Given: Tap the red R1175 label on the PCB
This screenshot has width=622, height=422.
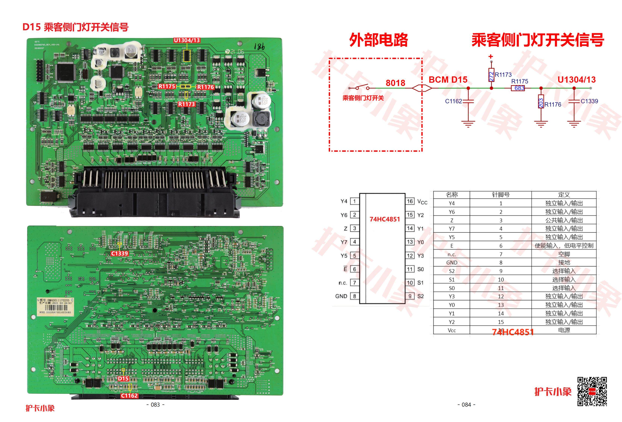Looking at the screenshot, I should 167,87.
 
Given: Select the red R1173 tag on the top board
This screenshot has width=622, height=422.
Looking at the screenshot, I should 187,104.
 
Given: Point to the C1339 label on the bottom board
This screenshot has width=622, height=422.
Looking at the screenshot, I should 119,253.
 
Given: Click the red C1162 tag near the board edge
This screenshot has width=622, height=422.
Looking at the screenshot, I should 129,395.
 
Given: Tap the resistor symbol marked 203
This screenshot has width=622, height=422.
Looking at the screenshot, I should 541,102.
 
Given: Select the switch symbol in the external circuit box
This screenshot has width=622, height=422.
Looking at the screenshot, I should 362,88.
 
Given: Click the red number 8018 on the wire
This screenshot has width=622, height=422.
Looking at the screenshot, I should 395,83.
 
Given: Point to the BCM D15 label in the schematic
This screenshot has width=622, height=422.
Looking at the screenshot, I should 448,80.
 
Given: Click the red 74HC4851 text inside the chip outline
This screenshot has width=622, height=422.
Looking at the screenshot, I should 385,219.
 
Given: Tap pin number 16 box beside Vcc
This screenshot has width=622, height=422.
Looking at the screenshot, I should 410,201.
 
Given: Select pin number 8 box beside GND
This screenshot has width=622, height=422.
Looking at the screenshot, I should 355,296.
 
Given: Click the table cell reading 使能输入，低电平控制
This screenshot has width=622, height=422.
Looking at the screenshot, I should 564,246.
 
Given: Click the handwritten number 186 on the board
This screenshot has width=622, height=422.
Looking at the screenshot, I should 259,47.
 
